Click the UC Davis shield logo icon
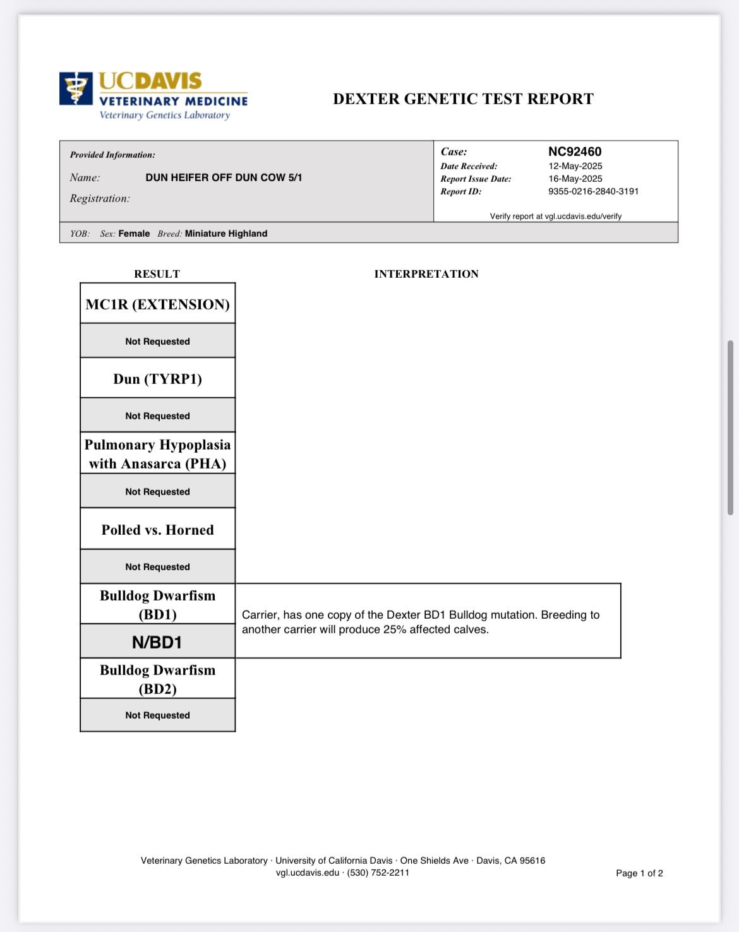point(76,88)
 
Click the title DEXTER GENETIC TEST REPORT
point(463,99)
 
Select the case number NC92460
point(574,152)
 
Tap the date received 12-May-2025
point(575,166)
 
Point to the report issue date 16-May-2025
point(575,179)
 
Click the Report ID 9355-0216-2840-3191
point(593,191)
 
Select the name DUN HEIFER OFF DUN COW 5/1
point(224,177)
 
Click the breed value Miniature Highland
point(225,234)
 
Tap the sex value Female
point(134,234)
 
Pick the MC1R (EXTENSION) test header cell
point(157,304)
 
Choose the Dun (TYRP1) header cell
point(157,379)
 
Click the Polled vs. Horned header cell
point(157,530)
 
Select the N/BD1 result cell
point(157,642)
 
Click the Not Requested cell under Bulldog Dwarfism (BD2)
point(157,715)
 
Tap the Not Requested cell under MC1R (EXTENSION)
point(157,342)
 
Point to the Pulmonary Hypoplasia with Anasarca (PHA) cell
point(157,454)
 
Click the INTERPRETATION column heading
point(426,274)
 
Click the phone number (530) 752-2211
point(378,873)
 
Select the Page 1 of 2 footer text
point(639,873)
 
